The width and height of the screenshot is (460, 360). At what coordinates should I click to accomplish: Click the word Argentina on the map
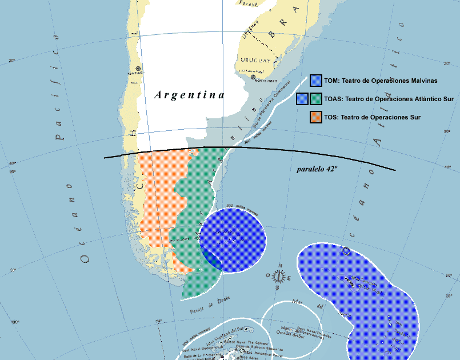pos(189,95)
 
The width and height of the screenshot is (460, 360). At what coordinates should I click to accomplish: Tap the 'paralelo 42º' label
pos(321,170)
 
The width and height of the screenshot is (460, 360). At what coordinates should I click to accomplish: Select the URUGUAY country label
pos(255,61)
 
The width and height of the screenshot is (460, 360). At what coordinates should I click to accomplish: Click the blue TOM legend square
pos(316,81)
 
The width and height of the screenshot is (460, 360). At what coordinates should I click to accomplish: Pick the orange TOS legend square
pos(316,117)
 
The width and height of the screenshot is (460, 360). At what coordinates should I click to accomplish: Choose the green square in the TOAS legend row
pos(316,99)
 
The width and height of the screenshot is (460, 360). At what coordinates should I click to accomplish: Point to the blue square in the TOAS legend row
pos(302,99)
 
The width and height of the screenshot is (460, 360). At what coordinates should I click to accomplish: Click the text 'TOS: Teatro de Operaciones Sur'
pos(372,117)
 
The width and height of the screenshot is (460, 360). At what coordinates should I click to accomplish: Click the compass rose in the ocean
pos(279,277)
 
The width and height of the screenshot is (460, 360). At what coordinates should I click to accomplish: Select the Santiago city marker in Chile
pos(138,69)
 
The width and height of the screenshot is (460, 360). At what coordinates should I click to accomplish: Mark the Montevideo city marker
pos(253,77)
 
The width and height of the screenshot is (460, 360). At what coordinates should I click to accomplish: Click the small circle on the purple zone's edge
pos(346,250)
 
